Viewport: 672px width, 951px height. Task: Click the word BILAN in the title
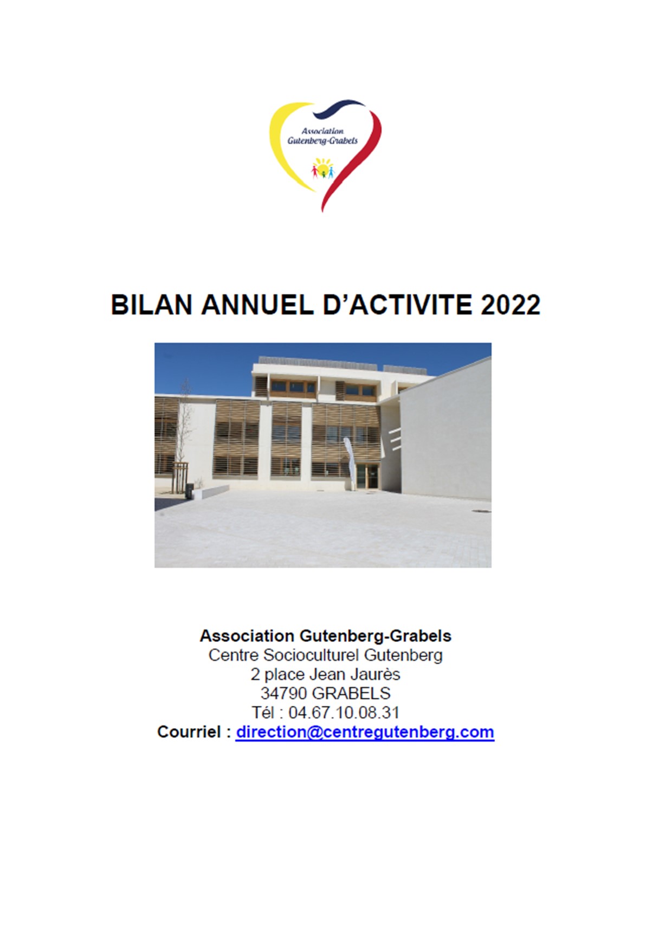[152, 305]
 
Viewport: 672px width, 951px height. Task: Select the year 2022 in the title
[511, 305]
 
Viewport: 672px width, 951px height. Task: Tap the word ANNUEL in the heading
[257, 305]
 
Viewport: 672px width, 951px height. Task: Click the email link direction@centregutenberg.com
[365, 732]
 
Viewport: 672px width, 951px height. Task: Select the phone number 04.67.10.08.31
[344, 712]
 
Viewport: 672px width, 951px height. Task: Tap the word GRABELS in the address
[351, 693]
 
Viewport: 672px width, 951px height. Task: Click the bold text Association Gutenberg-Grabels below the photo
[325, 635]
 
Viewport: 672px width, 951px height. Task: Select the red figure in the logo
[315, 171]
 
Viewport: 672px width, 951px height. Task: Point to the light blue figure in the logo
[331, 172]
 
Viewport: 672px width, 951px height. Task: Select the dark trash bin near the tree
[189, 491]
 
